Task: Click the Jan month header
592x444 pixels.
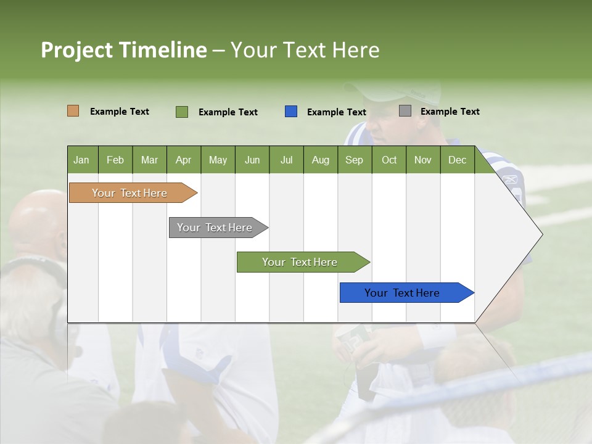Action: tap(81, 160)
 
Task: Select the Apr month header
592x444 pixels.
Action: tap(183, 160)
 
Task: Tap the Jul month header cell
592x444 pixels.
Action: tap(286, 160)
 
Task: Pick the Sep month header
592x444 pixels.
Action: tap(354, 160)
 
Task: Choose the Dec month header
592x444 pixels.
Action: tap(457, 160)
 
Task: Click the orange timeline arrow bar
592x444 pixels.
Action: tap(130, 193)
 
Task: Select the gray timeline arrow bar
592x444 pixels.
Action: tap(215, 228)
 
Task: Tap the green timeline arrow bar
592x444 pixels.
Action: tap(300, 262)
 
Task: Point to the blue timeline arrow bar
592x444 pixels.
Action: tap(402, 293)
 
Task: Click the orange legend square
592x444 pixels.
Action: tap(73, 111)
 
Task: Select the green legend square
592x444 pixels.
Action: tap(181, 112)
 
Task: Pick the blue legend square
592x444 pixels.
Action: tap(291, 112)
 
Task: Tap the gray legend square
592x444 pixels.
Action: tap(405, 111)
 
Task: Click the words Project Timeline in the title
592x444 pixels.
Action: tap(123, 50)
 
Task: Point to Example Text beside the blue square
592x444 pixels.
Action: tap(337, 112)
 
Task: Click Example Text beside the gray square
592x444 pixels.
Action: tap(450, 112)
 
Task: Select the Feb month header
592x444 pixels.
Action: tap(115, 160)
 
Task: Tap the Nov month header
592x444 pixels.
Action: tap(423, 160)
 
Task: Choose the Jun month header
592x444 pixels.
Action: tap(252, 160)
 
